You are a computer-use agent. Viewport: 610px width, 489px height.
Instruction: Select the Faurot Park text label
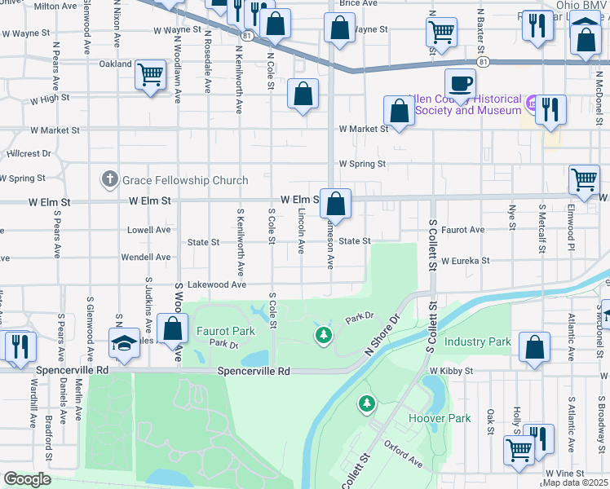coord(226,331)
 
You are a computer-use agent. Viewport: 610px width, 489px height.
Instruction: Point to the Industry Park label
coord(477,341)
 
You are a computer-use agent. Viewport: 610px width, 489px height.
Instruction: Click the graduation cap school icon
coord(124,343)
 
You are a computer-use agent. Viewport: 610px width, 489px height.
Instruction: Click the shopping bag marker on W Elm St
coord(335,203)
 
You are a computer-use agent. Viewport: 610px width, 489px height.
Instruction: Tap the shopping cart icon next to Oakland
coord(151,75)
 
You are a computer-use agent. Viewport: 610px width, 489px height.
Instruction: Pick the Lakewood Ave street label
coord(216,285)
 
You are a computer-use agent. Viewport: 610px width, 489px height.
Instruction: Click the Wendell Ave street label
coord(145,257)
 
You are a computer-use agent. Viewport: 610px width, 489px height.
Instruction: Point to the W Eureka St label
coord(465,261)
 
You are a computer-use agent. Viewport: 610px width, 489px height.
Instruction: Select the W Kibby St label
coord(451,371)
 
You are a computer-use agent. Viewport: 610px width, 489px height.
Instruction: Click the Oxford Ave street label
coord(403,455)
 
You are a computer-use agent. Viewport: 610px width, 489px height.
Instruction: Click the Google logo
coord(26,479)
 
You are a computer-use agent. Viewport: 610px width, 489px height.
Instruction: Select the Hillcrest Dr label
coord(29,153)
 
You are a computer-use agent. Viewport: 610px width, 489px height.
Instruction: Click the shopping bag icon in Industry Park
coord(533,346)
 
